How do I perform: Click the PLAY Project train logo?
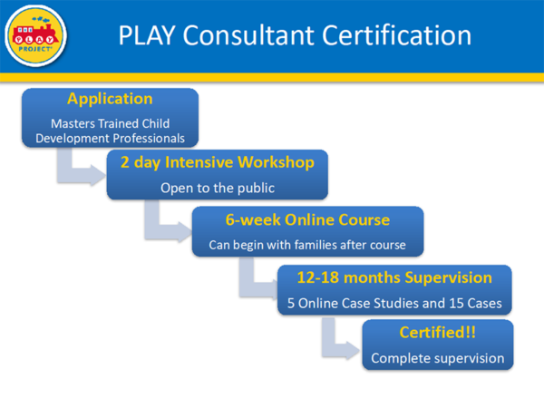coord(35,35)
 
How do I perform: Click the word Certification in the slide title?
coord(396,35)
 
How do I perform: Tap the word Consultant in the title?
coord(248,35)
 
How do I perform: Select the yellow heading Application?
coord(110,99)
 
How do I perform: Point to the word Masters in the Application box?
coord(73,123)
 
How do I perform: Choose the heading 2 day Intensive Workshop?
coord(218,162)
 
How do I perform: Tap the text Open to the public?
coord(218,188)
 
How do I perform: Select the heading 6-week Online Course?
coord(307,220)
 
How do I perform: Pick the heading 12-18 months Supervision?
coord(394,278)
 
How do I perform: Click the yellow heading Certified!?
coord(438,333)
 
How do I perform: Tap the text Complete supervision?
coord(438,358)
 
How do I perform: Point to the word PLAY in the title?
coord(147,35)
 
